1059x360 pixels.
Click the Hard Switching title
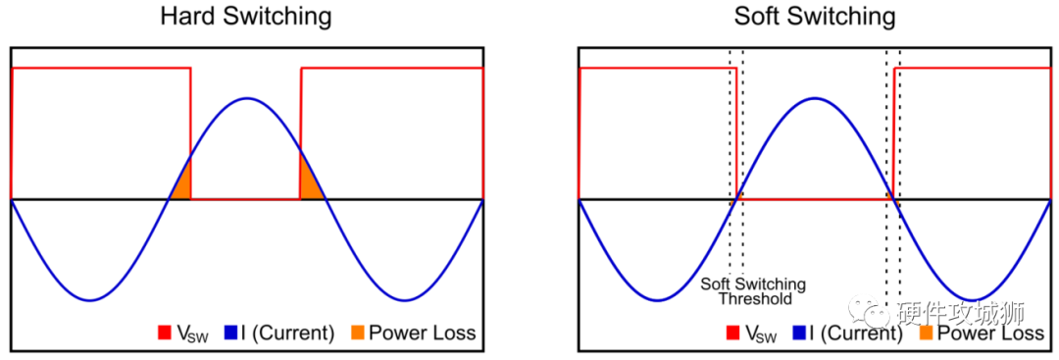tap(246, 17)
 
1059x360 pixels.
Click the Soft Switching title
tap(815, 17)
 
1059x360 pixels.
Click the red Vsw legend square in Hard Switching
tap(165, 334)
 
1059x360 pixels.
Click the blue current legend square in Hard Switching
tap(231, 334)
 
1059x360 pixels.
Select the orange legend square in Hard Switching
tap(357, 334)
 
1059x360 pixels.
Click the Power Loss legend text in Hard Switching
tap(422, 334)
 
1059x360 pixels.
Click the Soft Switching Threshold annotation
tap(753, 291)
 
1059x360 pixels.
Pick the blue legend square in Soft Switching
tap(800, 334)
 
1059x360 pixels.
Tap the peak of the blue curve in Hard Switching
tap(246, 98)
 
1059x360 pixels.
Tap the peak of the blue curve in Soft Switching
tap(815, 98)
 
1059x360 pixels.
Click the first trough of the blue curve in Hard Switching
tap(90, 300)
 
